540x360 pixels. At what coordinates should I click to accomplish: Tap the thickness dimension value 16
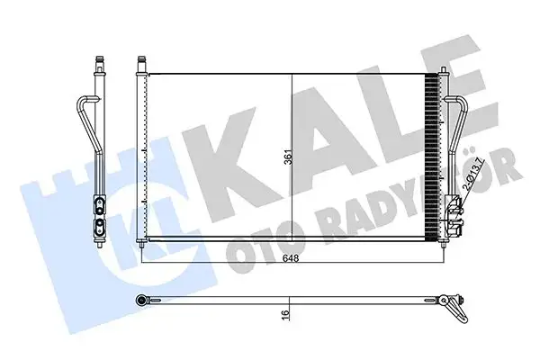pyautogui.click(x=285, y=315)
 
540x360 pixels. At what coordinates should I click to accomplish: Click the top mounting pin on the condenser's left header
pyautogui.click(x=140, y=66)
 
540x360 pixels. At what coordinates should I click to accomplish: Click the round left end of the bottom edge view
pyautogui.click(x=142, y=299)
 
